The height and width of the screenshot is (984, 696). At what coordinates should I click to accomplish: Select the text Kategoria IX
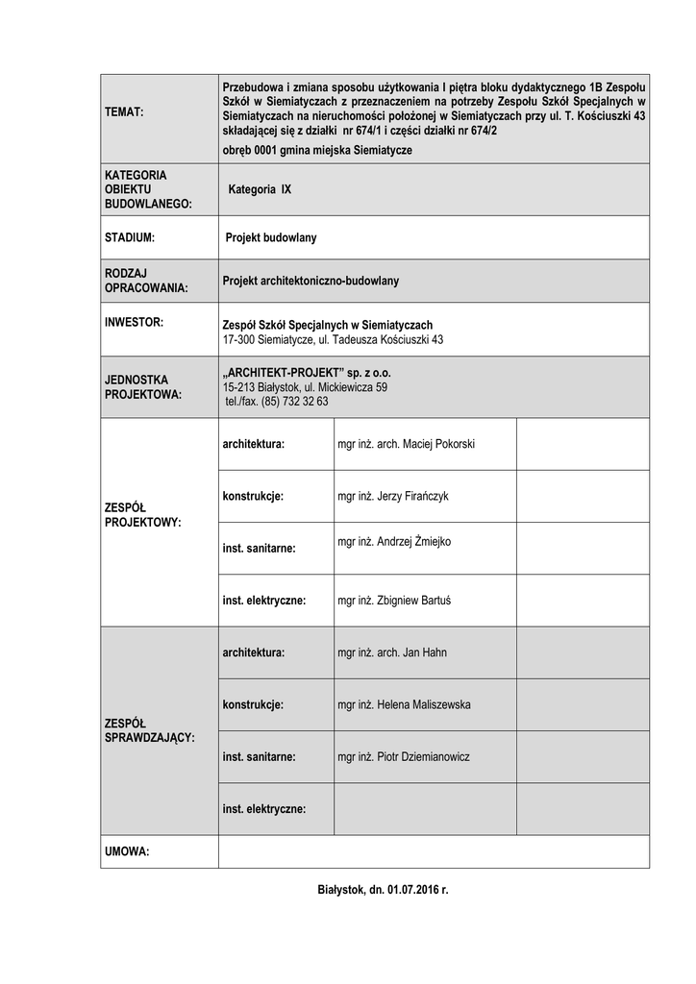(260, 190)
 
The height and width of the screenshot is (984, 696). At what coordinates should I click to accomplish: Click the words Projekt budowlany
(278, 236)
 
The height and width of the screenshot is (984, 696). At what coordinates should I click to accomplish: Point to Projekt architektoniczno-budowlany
(310, 282)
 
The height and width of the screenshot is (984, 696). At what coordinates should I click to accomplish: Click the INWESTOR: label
(134, 322)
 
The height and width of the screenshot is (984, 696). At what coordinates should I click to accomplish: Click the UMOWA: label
(127, 851)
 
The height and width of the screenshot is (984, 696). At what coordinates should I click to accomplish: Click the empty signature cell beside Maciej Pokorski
(583, 444)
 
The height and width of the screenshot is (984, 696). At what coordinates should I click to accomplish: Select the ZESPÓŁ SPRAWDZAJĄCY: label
(149, 730)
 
